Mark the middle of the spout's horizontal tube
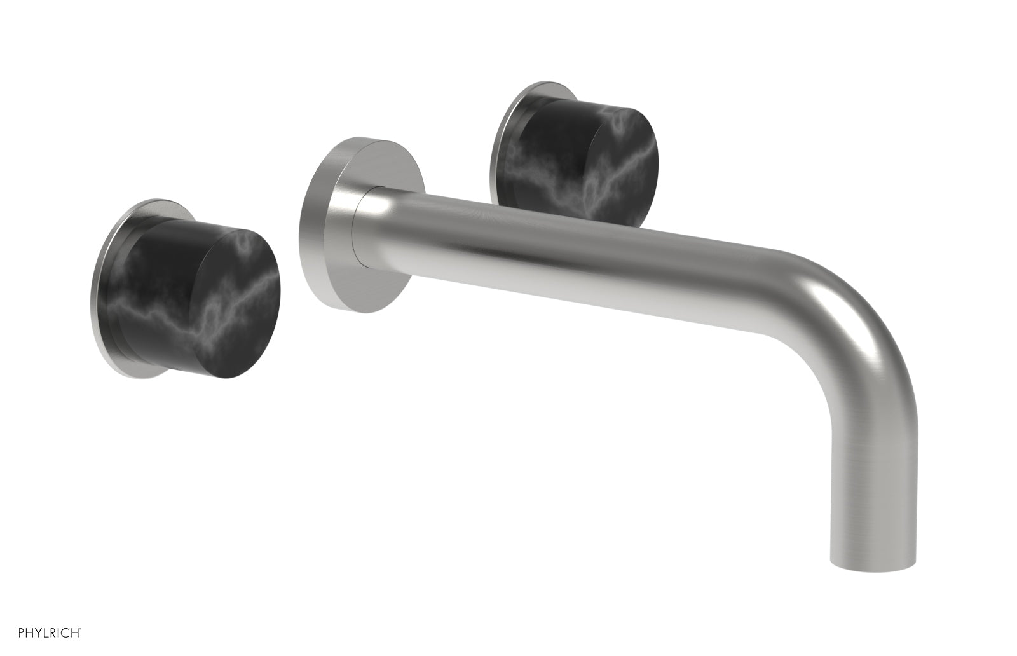point(572,254)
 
